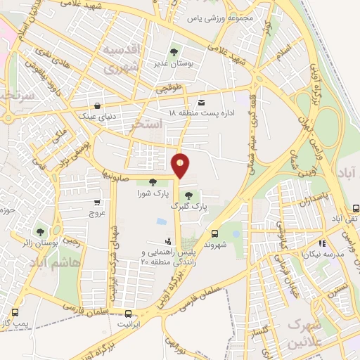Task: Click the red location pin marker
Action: click(181, 165)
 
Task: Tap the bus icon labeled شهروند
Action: click(214, 233)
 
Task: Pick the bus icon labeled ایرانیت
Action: click(128, 314)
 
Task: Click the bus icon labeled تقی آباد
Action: click(356, 208)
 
